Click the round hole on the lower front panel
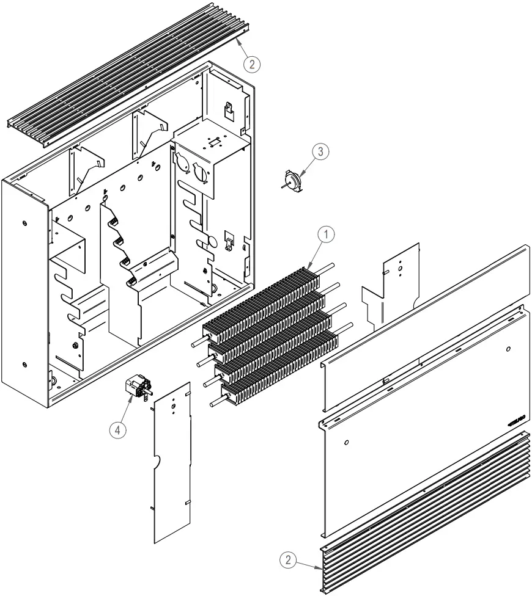pyautogui.click(x=347, y=442)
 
